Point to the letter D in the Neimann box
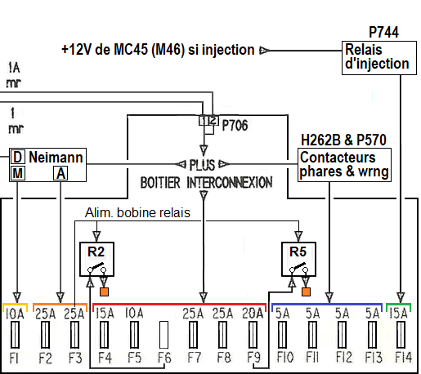coord(18,157)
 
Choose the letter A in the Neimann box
coord(60,173)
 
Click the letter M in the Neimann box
coord(18,173)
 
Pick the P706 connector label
coord(235,126)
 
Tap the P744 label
coord(383,32)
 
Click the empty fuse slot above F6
coord(163,335)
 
